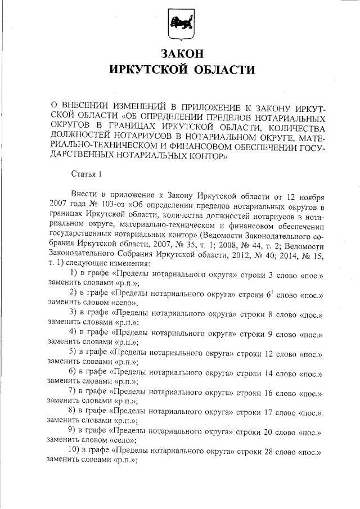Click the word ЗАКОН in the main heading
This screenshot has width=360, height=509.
(x=181, y=54)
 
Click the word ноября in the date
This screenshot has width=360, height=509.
(x=308, y=195)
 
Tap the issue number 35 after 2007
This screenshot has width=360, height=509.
(x=214, y=246)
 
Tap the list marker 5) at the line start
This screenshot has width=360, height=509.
(x=74, y=352)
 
